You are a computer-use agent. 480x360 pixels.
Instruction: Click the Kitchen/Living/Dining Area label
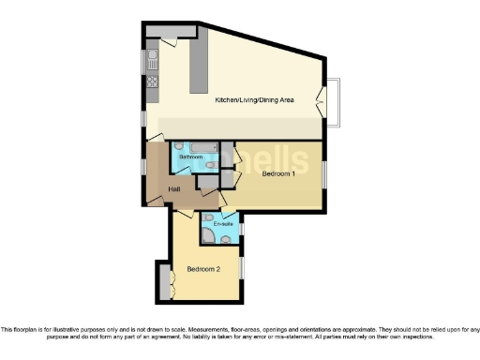pyautogui.click(x=255, y=99)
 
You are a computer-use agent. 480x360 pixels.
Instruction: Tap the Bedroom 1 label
pyautogui.click(x=278, y=173)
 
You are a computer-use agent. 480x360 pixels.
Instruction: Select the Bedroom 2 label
pyautogui.click(x=203, y=269)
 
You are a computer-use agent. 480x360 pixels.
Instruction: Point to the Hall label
pyautogui.click(x=174, y=190)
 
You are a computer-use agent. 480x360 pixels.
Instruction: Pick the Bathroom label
pyautogui.click(x=191, y=157)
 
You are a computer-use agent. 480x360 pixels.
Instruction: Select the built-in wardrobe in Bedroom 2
pyautogui.click(x=165, y=280)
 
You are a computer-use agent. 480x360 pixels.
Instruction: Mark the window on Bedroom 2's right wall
pyautogui.click(x=241, y=267)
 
